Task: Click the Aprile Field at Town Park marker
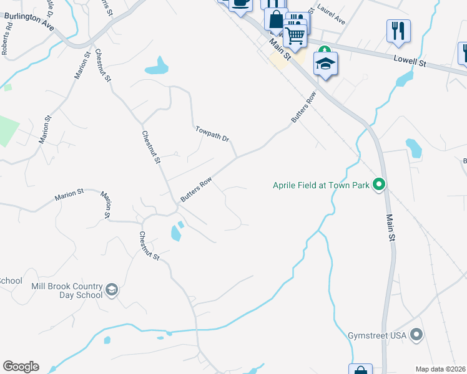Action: [x=378, y=185]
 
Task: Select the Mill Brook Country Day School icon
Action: [x=112, y=290]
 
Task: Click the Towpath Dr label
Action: [x=212, y=133]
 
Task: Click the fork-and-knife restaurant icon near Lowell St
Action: [x=398, y=30]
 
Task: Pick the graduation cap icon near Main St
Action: [x=325, y=64]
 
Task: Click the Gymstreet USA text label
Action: [x=376, y=335]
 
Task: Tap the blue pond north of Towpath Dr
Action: [x=157, y=65]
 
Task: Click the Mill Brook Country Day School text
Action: [x=67, y=290]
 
